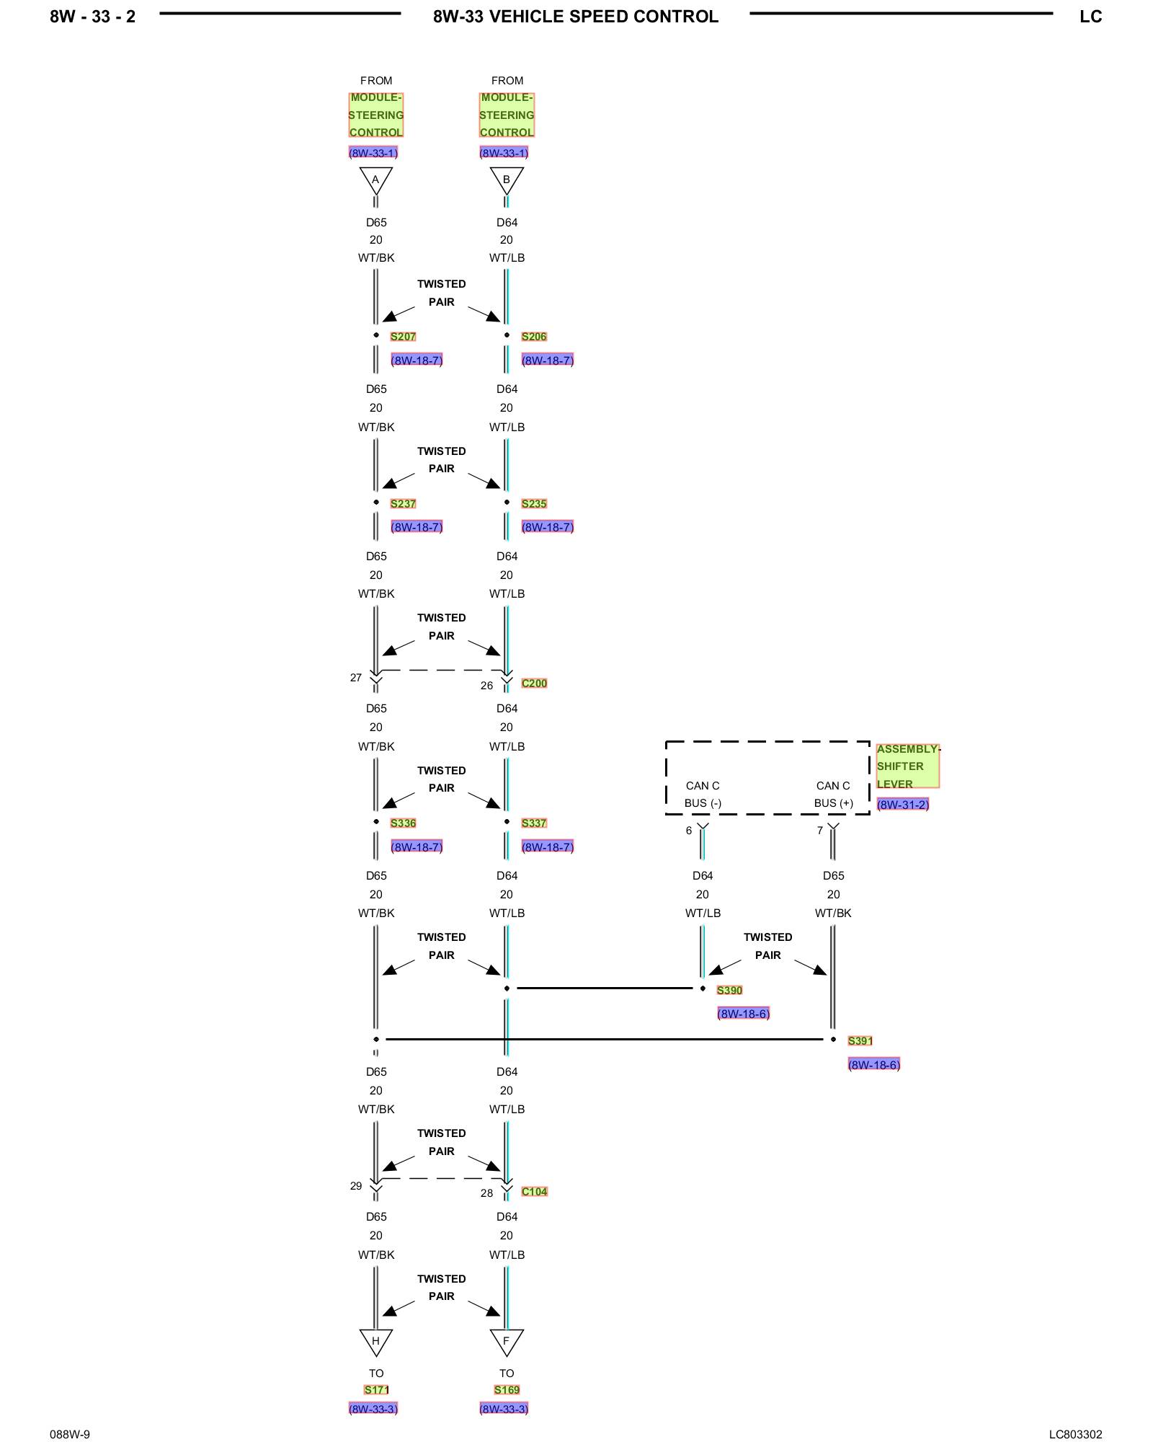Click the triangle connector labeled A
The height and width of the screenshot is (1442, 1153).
coord(375,180)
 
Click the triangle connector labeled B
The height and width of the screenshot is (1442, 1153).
coord(506,180)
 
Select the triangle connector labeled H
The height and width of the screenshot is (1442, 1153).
coord(375,1341)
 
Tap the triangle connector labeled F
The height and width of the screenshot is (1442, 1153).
coord(506,1341)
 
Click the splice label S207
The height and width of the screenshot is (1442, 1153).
coord(403,337)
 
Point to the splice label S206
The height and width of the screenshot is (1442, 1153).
coord(534,337)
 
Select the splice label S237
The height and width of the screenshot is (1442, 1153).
coord(403,504)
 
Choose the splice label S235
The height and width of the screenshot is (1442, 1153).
coord(534,504)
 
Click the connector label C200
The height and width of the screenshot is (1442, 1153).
coord(534,684)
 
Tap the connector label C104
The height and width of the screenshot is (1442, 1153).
coord(534,1192)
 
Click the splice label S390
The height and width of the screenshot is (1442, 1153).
coord(729,991)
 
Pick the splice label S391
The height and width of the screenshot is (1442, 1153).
coord(860,1041)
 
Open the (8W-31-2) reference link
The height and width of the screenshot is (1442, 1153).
coord(902,805)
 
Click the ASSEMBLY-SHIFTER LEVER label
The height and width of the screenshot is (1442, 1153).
coord(907,766)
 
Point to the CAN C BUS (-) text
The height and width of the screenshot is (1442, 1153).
coord(703,795)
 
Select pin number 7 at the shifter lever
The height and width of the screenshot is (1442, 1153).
coord(820,831)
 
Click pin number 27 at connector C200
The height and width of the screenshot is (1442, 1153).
coord(356,678)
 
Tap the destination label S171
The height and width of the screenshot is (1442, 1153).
coord(376,1390)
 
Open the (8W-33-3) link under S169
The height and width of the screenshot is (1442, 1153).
coord(504,1409)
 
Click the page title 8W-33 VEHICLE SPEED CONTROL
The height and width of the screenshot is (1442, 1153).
coord(575,17)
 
